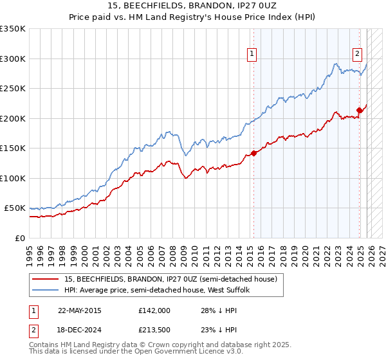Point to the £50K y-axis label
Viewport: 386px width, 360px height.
[15, 208]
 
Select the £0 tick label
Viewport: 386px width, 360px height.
[19, 238]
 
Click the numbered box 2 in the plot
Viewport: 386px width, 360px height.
[357, 55]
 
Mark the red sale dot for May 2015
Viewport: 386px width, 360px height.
[253, 153]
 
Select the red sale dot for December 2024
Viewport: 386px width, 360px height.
[360, 111]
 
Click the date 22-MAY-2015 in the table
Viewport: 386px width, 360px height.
[79, 310]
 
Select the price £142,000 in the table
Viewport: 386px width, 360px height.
[154, 310]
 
